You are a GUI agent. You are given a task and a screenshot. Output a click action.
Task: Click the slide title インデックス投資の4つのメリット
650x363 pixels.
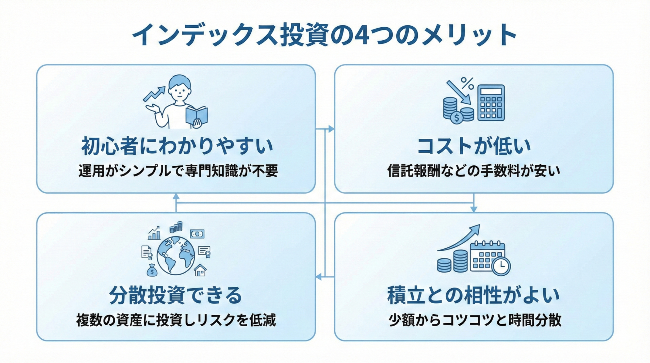(324, 35)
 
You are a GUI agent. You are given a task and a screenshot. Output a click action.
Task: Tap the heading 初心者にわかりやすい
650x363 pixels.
(177, 146)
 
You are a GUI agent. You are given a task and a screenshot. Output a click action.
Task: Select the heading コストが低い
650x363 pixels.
(474, 146)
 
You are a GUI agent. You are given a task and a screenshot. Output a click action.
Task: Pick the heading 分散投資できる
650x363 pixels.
(176, 295)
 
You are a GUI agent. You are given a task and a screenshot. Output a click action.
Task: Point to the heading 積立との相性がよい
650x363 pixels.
(474, 295)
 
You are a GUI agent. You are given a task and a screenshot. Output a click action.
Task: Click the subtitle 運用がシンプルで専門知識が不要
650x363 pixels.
(178, 171)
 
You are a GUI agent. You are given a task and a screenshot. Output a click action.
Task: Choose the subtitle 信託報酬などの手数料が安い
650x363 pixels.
(474, 171)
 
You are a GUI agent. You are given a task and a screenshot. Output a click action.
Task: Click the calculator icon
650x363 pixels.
(491, 103)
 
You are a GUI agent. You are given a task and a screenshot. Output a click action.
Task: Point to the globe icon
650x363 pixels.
(176, 255)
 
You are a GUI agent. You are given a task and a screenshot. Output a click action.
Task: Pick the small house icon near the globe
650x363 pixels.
(200, 270)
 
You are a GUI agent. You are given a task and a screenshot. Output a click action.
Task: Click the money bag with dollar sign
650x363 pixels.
(152, 270)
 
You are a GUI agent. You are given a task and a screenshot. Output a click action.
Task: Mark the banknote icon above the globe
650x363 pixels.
(197, 234)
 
